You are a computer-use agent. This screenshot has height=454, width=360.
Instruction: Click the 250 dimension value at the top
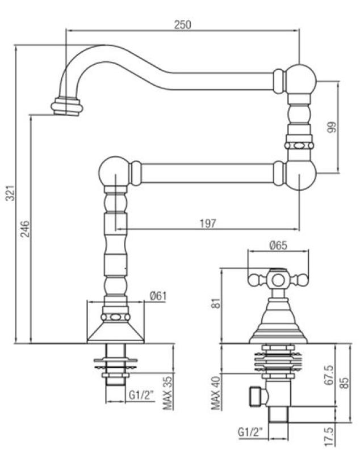tap(183, 24)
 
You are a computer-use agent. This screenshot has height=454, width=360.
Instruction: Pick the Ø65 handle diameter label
tap(278, 246)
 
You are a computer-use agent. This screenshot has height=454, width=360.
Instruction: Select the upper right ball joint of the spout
tap(299, 78)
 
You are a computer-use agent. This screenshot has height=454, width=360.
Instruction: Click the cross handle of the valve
tap(278, 279)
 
